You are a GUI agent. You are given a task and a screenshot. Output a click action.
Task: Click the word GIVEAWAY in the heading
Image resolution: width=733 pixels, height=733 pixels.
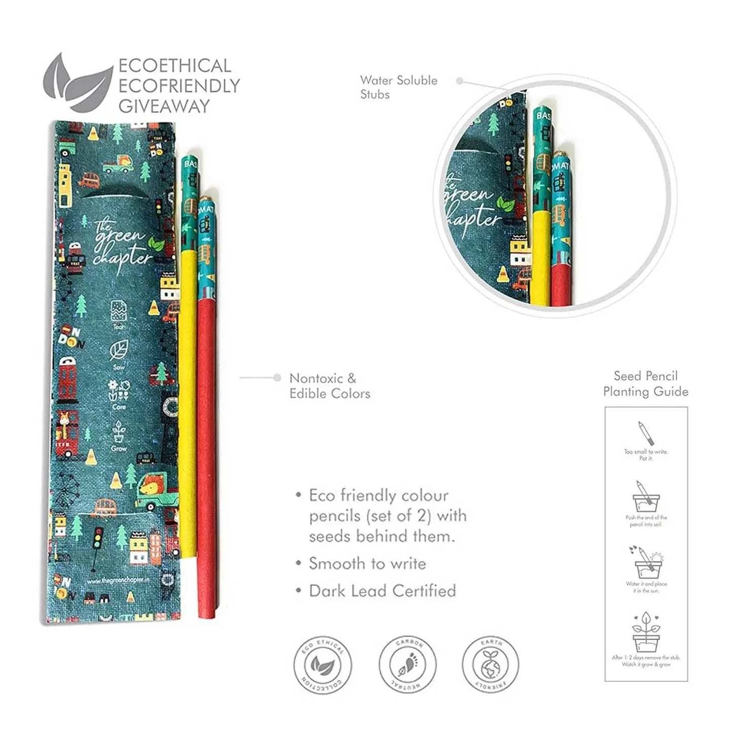pyautogui.click(x=164, y=106)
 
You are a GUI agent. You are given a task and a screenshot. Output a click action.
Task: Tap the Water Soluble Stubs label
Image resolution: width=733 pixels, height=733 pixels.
pyautogui.click(x=398, y=87)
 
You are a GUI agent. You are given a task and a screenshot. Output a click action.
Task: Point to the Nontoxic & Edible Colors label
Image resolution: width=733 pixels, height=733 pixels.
pyautogui.click(x=330, y=386)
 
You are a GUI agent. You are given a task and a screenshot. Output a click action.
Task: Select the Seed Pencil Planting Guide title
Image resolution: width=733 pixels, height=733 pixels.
pyautogui.click(x=645, y=383)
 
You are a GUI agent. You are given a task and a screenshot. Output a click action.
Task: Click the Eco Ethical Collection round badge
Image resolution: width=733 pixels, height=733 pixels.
pyautogui.click(x=323, y=665)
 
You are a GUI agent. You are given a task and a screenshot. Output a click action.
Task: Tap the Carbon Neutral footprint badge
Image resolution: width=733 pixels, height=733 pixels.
pyautogui.click(x=407, y=665)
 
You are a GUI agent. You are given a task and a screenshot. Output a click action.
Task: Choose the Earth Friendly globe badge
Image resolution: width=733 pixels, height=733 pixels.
pyautogui.click(x=491, y=665)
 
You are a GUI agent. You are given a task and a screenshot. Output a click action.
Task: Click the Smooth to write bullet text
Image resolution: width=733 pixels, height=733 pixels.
pyautogui.click(x=367, y=564)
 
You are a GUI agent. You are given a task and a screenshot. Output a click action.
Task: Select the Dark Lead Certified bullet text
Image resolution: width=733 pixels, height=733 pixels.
pyautogui.click(x=382, y=591)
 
